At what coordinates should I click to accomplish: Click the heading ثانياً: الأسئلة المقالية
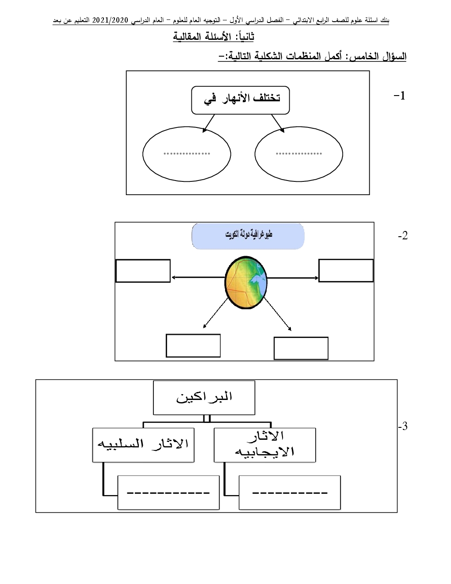point(214,37)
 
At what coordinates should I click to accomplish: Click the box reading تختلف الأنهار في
point(241,100)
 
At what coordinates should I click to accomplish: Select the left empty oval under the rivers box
point(187,154)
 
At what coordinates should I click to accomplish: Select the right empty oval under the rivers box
point(299,154)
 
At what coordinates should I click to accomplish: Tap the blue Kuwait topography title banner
point(248,236)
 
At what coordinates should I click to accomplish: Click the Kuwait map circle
point(245,281)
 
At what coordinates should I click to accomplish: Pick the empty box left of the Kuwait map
point(143,271)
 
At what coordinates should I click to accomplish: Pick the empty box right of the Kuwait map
point(346,270)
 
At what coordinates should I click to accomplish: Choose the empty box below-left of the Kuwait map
point(193,346)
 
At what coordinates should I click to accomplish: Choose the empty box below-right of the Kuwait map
point(301,348)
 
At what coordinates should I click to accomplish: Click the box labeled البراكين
point(204,397)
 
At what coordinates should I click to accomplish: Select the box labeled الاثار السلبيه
point(143,445)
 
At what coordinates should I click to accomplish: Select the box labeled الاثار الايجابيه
point(265,445)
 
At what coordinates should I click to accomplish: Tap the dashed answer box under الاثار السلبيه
point(168,492)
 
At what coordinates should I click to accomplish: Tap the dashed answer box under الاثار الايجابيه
point(290,492)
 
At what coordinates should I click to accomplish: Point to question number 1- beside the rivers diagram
point(399,96)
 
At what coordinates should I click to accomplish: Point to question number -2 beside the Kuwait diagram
point(402,236)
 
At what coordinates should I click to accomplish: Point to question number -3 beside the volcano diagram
point(402,426)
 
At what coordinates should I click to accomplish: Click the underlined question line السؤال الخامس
point(312,57)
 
